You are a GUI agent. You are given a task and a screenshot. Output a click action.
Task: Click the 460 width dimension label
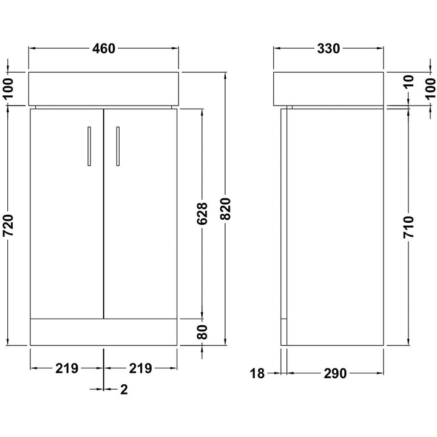point(104,49)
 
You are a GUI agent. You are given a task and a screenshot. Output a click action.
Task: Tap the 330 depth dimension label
point(328,49)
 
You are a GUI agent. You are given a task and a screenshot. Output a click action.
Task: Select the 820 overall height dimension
point(225,209)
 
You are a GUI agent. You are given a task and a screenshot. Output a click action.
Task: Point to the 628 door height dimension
point(202,214)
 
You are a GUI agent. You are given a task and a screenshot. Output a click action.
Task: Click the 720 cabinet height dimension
point(8,225)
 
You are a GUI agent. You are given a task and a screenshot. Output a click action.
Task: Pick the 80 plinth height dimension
point(202,332)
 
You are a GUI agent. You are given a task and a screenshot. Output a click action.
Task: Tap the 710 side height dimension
point(408,227)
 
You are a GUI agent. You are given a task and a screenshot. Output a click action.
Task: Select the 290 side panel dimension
point(335,373)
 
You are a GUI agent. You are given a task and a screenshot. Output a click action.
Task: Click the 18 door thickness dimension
point(257,373)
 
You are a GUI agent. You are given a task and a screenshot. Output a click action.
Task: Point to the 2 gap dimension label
point(124,389)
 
